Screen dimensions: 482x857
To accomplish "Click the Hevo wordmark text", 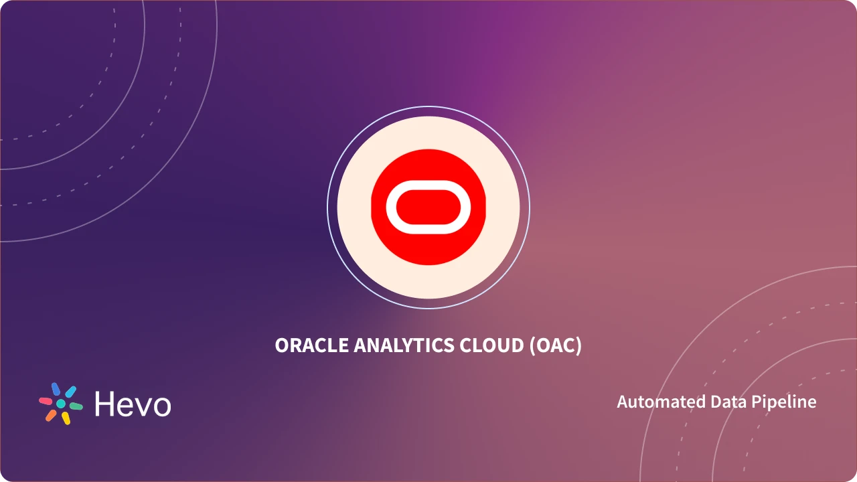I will coord(133,404).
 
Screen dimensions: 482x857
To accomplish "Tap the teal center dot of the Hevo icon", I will coord(61,404).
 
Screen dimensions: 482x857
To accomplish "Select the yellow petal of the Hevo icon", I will coord(66,418).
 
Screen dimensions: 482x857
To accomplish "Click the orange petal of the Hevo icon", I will coord(51,415).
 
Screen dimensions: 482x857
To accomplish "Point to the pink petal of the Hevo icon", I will coord(46,401).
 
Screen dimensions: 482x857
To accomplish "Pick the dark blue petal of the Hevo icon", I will coord(56,390).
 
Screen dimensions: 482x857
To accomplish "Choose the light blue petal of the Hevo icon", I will coord(70,392).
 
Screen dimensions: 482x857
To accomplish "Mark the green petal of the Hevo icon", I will coord(76,406).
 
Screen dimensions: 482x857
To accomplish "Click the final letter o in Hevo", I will coord(161,407).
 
